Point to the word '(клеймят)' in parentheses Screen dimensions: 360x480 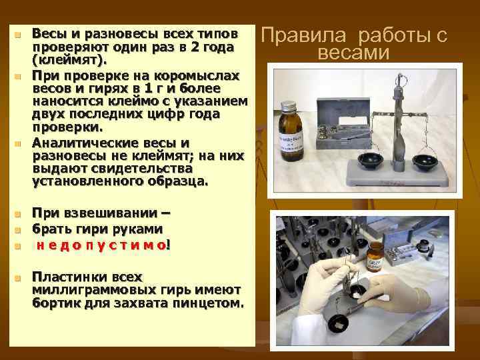pyautogui.click(x=69, y=61)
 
